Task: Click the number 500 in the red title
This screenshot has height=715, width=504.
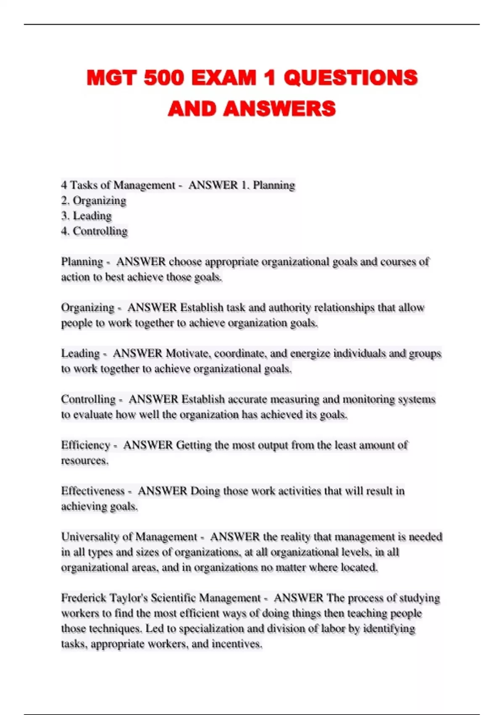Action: click(x=163, y=78)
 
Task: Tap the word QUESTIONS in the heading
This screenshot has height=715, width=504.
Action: click(x=351, y=78)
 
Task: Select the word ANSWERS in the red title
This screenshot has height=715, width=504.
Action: click(x=280, y=109)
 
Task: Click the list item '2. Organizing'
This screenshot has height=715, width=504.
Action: click(x=94, y=201)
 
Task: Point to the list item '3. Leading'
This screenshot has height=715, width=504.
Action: click(x=87, y=216)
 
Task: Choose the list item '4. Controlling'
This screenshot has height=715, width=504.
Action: click(x=94, y=231)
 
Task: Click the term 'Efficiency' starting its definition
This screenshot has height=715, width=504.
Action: click(x=86, y=445)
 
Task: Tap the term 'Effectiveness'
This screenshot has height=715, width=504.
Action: click(x=93, y=491)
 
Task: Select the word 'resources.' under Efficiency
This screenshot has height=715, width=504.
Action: click(x=85, y=461)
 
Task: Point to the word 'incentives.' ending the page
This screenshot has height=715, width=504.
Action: click(x=237, y=644)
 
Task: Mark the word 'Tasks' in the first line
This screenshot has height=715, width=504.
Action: click(x=85, y=185)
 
